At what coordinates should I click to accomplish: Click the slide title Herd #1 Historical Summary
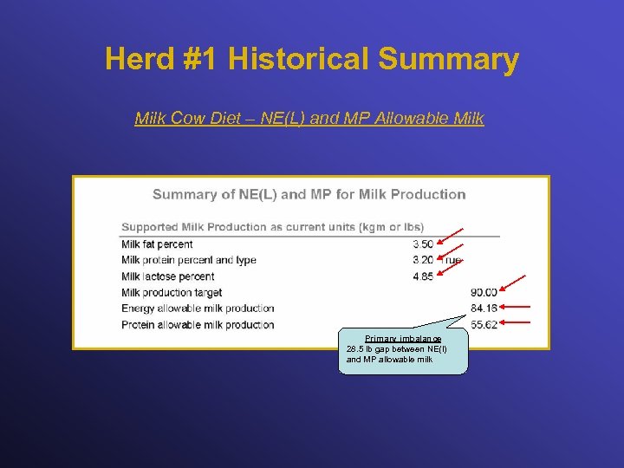coord(312,59)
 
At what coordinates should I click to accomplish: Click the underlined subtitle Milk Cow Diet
coord(309,118)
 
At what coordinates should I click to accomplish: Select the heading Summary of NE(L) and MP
coord(309,194)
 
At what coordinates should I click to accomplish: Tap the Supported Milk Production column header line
coord(272,227)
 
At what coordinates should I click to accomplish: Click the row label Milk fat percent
coord(157,244)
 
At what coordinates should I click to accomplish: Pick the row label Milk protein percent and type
coord(188,260)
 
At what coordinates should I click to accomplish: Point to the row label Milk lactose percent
coord(167,276)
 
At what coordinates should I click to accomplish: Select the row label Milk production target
coord(172,293)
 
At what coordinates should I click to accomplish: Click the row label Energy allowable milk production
coord(198,309)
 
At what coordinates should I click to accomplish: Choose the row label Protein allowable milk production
coord(198,325)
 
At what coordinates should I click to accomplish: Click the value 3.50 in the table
coord(423,244)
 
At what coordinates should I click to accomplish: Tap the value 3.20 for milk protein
coord(423,260)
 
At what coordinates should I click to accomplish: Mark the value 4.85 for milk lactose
coord(423,276)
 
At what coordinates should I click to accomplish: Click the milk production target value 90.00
coord(484,293)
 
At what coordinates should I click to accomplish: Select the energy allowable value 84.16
coord(484,309)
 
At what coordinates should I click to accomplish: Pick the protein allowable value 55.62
coord(484,325)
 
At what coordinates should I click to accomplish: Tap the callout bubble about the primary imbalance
coord(402,351)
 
